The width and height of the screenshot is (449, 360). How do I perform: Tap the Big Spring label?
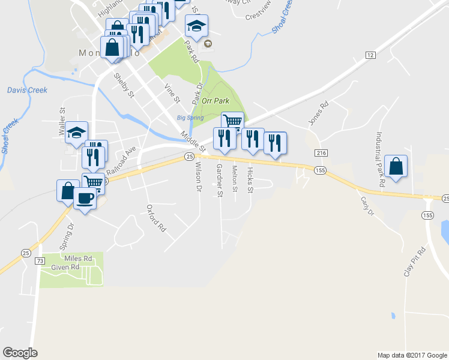tap(190, 118)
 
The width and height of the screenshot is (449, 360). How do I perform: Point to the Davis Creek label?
tap(27, 91)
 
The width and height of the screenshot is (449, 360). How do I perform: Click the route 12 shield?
tap(370, 55)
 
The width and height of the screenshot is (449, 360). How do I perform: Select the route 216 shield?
tap(321, 154)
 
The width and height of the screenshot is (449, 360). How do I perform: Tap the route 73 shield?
tap(40, 261)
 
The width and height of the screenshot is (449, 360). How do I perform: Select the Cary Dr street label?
tap(367, 205)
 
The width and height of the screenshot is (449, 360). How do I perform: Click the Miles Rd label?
tap(79, 259)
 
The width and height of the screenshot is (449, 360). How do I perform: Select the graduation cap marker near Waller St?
tap(77, 133)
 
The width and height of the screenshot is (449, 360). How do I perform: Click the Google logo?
tap(20, 352)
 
